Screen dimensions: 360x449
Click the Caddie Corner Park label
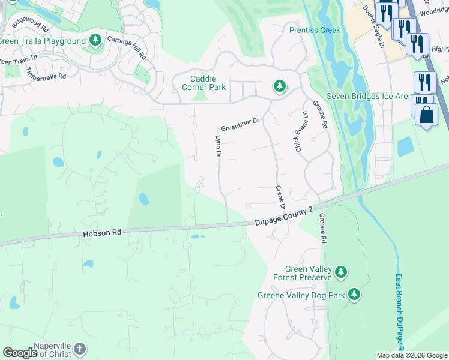[x=203, y=83]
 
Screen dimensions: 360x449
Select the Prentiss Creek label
[x=315, y=30]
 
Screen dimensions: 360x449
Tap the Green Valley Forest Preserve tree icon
[x=341, y=272]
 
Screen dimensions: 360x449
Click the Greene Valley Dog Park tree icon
[x=355, y=294]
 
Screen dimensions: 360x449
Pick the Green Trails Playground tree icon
[x=95, y=40]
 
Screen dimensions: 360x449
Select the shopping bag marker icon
[x=426, y=115]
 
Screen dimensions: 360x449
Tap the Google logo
[x=19, y=353]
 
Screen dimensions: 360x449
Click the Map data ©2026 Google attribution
[x=412, y=355]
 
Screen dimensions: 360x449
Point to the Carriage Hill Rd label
[x=127, y=47]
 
